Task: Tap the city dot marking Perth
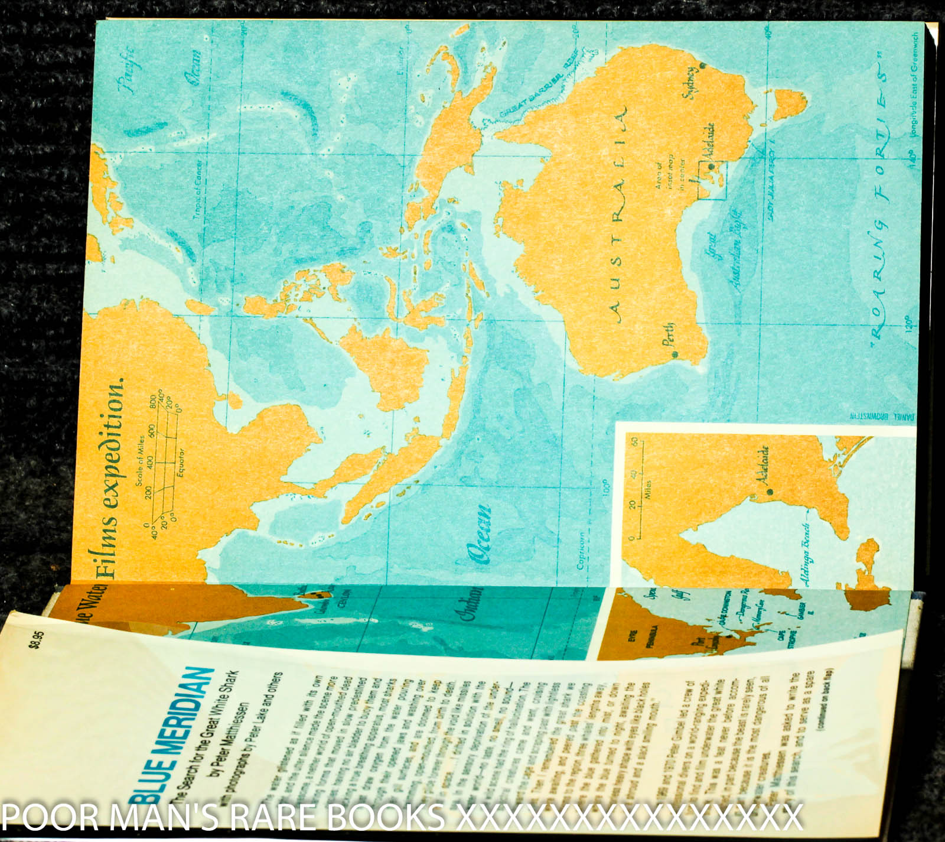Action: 674,355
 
